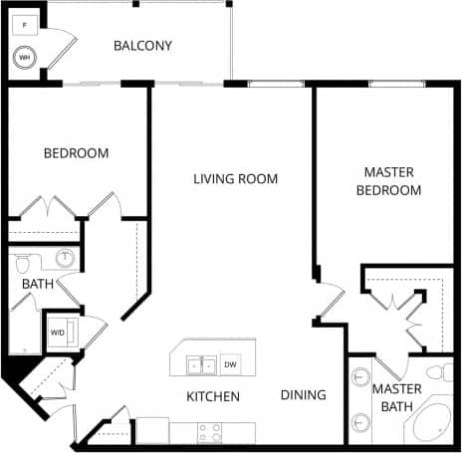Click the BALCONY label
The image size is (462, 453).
coord(142,46)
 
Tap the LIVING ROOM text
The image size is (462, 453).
coord(235,179)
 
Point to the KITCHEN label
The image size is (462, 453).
coord(213,396)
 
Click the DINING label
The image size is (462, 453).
coord(303,395)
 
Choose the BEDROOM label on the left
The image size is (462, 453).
coord(76,153)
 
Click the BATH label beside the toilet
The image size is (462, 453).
coord(38,285)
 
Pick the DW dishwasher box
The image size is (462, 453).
coord(231,364)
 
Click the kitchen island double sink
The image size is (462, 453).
coord(201,365)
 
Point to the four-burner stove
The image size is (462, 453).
coord(211,432)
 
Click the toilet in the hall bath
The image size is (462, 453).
coord(26,263)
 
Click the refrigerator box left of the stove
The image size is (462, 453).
coord(151,430)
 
